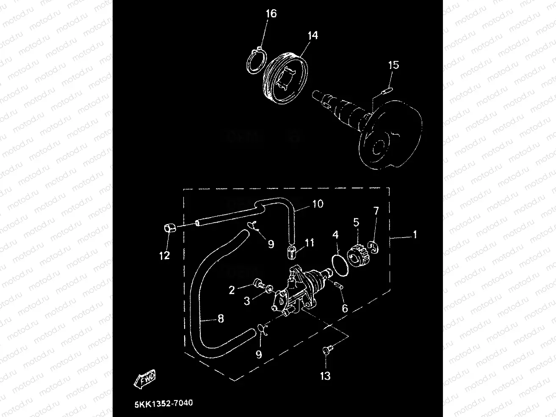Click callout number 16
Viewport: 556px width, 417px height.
click(x=271, y=14)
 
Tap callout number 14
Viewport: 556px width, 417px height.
click(x=313, y=35)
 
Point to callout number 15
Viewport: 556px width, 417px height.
click(x=393, y=65)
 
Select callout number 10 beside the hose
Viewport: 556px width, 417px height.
click(x=318, y=204)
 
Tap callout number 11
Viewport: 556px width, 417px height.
click(x=310, y=243)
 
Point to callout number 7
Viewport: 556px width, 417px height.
click(x=376, y=210)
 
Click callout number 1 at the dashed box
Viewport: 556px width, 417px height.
click(x=415, y=234)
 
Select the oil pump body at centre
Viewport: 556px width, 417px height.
click(x=296, y=290)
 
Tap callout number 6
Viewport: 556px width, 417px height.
click(x=345, y=308)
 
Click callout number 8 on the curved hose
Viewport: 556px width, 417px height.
click(x=220, y=319)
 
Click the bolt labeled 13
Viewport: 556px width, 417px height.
click(x=327, y=351)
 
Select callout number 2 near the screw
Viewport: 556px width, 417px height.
click(x=232, y=290)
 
